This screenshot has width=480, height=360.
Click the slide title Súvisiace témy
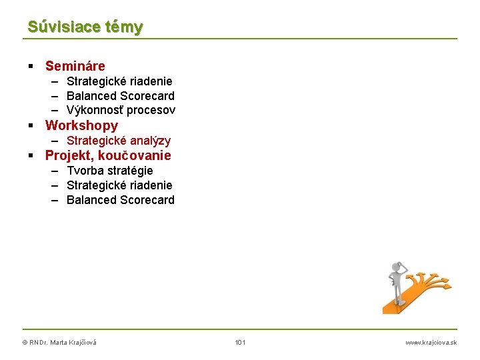tap(85, 27)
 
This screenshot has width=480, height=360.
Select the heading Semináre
tap(75, 66)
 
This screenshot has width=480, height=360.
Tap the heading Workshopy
tap(81, 125)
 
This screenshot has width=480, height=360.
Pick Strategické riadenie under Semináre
tap(119, 81)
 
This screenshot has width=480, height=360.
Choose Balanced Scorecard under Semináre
tap(120, 96)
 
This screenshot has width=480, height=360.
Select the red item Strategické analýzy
tap(119, 141)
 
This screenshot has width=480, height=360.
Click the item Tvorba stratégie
tap(109, 171)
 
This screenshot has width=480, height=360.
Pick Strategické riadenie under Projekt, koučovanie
tap(119, 185)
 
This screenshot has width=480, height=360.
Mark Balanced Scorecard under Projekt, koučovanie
tap(120, 200)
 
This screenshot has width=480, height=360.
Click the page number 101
tap(240, 343)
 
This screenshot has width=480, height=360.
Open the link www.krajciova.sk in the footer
tap(431, 343)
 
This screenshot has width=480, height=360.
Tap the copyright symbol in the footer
tap(25, 343)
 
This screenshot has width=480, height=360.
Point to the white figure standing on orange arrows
tap(398, 283)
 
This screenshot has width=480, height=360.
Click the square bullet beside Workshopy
tap(31, 125)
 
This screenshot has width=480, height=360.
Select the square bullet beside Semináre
tap(31, 66)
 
